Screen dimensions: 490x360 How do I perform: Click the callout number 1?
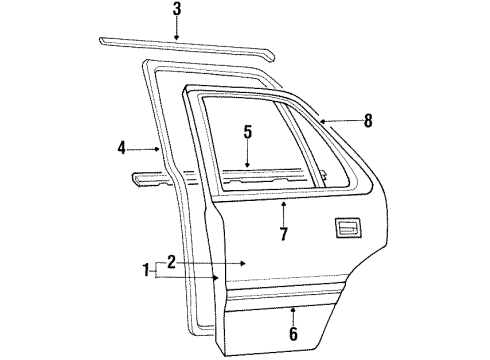[146, 270]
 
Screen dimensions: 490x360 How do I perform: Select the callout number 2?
[171, 262]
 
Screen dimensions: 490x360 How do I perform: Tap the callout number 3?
[176, 11]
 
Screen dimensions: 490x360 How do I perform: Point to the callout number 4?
[121, 148]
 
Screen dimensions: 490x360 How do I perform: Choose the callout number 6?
[292, 334]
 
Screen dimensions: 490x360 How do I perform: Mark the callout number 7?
[283, 235]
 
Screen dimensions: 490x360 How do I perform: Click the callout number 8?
[368, 121]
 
